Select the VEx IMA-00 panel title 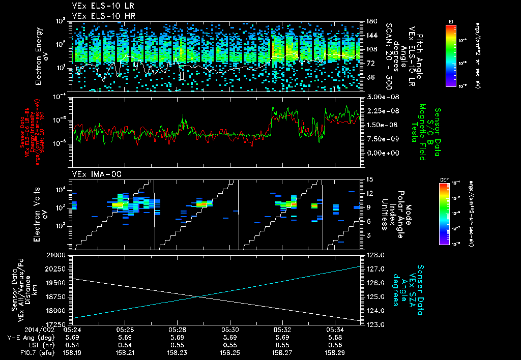pyautogui.click(x=93, y=174)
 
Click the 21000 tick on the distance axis pyautogui.click(x=62, y=255)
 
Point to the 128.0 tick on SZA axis pyautogui.click(x=376, y=255)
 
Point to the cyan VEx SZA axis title pyautogui.click(x=411, y=289)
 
